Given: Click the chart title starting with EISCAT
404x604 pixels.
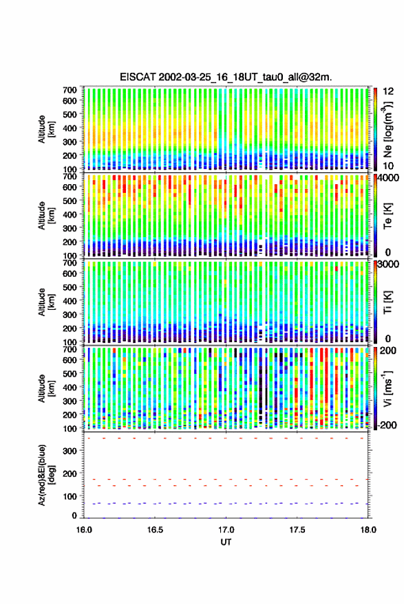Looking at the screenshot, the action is pos(226,77).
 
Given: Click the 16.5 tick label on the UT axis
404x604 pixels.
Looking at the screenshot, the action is pos(155,530).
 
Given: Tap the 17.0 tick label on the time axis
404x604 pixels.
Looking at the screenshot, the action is pos(226,530).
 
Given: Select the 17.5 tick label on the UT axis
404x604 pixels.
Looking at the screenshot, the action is pos(297,530).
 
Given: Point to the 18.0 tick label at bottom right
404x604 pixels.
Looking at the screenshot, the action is pos(368,530).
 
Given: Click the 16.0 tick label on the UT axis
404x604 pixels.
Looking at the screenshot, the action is pos(84,530).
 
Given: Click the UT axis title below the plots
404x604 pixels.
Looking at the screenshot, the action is pos(226,542).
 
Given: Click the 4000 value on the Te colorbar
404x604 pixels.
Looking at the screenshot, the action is pos(390,179).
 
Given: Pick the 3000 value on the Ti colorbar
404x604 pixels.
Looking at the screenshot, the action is pos(390,265).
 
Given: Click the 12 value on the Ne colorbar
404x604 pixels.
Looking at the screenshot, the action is pos(388,91).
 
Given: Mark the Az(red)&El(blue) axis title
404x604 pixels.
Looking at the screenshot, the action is pos(46,476).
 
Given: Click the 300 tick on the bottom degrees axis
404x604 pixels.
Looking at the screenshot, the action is pos(70,451).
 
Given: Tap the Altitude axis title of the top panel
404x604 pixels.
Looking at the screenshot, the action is pos(46,129).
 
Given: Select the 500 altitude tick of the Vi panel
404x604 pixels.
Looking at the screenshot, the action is pos(70,373).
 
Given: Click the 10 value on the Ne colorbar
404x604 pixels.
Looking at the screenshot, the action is pos(388,166).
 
